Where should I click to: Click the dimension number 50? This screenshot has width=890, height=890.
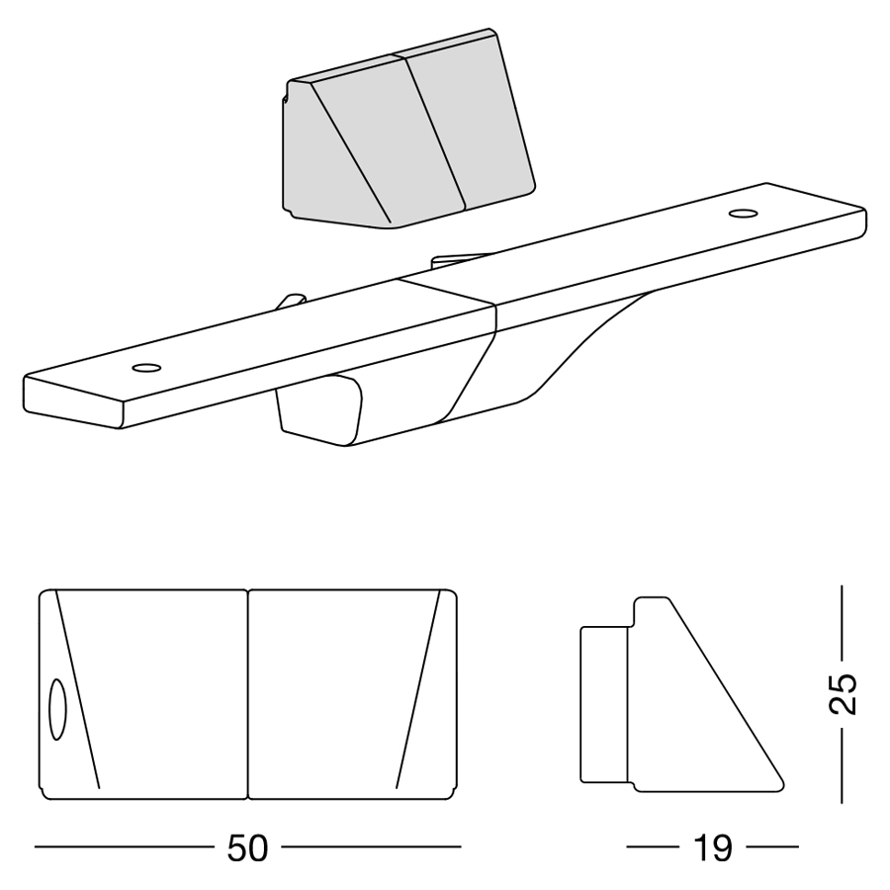coord(247,848)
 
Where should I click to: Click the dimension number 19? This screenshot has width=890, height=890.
coord(713,848)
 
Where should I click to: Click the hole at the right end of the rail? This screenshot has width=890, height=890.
coord(743,214)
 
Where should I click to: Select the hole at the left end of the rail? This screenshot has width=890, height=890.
coord(146,368)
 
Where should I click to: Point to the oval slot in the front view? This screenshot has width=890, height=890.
coord(57,709)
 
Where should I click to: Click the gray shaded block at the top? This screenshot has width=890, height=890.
coord(407,130)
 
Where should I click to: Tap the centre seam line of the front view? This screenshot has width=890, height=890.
coord(248,695)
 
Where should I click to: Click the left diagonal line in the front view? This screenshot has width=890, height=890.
coord(77,689)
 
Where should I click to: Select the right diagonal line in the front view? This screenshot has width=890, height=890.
coord(418,689)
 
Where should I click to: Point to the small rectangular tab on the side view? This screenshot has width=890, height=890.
coord(604,704)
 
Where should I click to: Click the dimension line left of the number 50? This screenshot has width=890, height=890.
coord(125,847)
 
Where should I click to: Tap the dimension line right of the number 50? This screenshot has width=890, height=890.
coord(371,847)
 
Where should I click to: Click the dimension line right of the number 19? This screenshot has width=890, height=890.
coord(772,847)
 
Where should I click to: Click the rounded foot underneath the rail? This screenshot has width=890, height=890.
coord(319,409)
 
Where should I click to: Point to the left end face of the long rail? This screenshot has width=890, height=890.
coord(72,401)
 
